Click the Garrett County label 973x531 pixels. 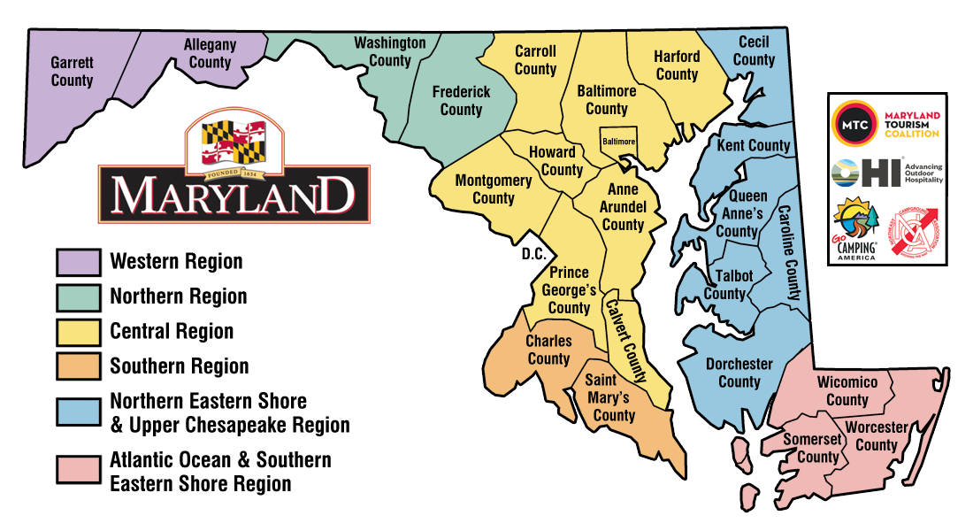(x=72, y=72)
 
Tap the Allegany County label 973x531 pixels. (x=210, y=53)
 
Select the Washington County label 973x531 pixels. (x=390, y=51)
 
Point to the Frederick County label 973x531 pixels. (x=461, y=100)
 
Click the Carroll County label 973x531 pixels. (x=535, y=60)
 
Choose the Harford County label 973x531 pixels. (x=677, y=65)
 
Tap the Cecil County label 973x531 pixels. (x=754, y=50)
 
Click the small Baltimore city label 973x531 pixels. (x=618, y=142)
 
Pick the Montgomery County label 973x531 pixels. (x=494, y=189)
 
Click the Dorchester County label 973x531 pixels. (x=739, y=373)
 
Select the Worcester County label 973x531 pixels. (x=876, y=436)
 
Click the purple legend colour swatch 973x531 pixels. (x=78, y=263)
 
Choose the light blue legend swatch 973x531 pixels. (x=78, y=412)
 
